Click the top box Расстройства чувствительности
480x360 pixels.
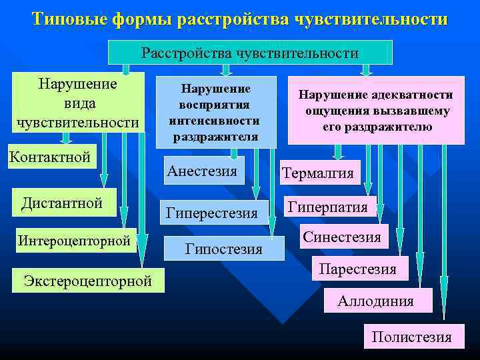tap(250, 53)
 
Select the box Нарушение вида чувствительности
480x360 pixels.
tap(78, 103)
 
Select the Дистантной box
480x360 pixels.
tap(62, 203)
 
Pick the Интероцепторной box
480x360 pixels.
tap(73, 241)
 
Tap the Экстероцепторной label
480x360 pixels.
tap(87, 280)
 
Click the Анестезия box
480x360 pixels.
tap(202, 171)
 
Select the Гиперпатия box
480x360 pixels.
tap(328, 207)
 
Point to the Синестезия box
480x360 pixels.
tap(341, 237)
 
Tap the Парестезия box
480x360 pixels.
tap(358, 269)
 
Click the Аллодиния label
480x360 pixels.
tap(375, 301)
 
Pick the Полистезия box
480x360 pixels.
tap(411, 337)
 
